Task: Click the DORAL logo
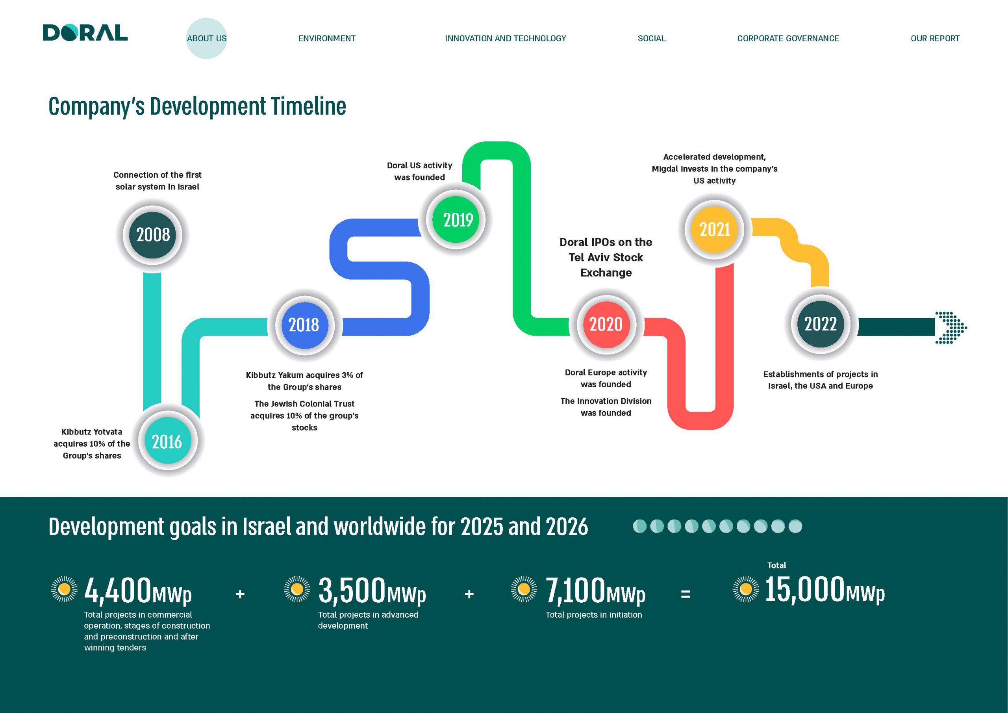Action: point(85,33)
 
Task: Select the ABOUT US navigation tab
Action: point(207,38)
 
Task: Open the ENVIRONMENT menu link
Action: point(327,38)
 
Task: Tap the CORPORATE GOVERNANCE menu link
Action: point(788,38)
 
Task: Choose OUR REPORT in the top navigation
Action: point(935,38)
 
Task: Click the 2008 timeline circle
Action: point(152,235)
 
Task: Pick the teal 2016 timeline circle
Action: point(167,441)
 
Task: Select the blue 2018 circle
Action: point(305,325)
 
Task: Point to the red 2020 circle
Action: point(606,325)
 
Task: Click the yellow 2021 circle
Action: point(714,229)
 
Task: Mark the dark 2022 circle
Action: point(821,324)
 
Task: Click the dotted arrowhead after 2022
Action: point(951,327)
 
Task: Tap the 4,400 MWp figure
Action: point(138,591)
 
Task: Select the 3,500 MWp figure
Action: point(372,591)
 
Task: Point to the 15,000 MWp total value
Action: point(825,590)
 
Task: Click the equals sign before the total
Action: point(685,594)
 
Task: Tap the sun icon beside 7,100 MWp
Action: point(524,589)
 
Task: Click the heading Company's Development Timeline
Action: point(197,107)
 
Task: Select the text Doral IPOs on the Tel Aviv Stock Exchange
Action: point(606,258)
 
